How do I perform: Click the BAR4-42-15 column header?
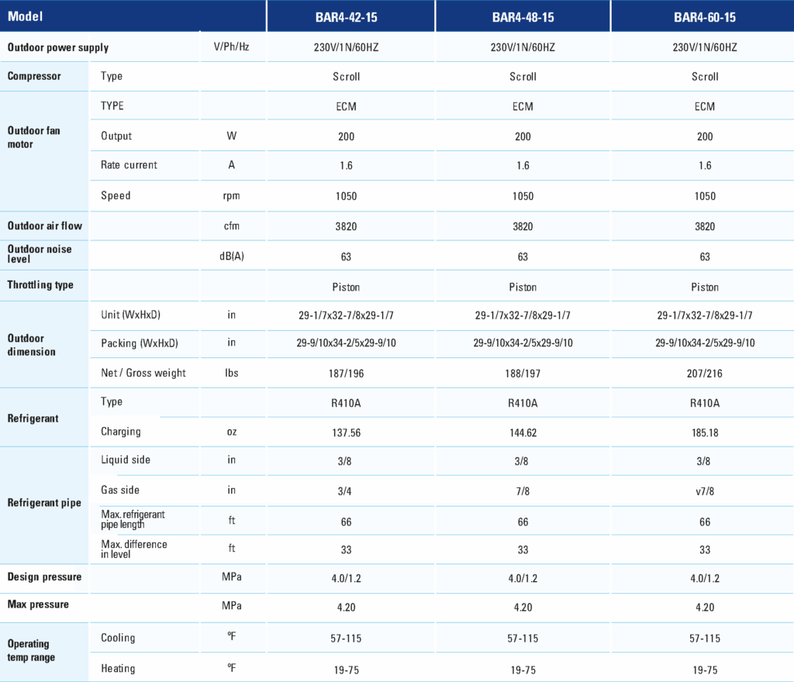click(x=347, y=17)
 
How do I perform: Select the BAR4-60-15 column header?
click(x=704, y=17)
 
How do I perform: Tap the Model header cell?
click(x=26, y=16)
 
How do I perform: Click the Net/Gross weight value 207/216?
click(x=704, y=374)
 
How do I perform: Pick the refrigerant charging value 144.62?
click(x=523, y=432)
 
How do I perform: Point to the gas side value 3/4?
click(x=345, y=491)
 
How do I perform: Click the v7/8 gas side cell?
click(x=704, y=491)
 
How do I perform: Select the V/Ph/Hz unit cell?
click(x=231, y=47)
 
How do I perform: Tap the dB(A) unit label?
click(x=231, y=256)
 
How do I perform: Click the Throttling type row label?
click(x=40, y=285)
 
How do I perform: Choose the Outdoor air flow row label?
click(x=44, y=226)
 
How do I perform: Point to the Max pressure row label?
click(x=38, y=604)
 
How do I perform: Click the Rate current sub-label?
click(x=129, y=165)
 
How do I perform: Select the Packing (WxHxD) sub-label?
click(x=140, y=343)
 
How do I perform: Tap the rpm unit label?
click(x=231, y=196)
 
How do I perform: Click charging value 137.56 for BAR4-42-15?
click(x=347, y=432)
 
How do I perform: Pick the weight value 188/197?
click(x=523, y=374)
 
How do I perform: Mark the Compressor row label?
click(x=34, y=76)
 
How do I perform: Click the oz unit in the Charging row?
click(x=231, y=432)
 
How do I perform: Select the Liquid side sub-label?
click(x=126, y=460)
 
